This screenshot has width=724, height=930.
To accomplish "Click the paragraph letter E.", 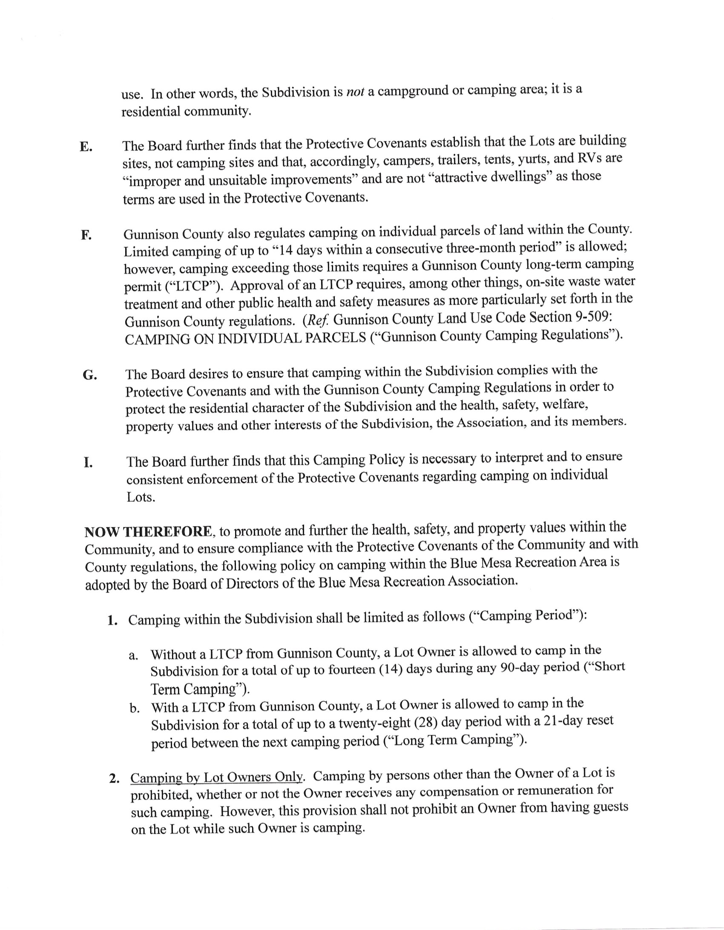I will click(85, 147).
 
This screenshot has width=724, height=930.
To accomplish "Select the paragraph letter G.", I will click(89, 375).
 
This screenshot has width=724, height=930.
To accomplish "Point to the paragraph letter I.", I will click(88, 463).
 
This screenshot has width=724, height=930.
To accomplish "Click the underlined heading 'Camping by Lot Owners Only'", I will click(216, 777).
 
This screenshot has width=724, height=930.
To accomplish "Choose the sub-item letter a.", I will click(133, 655).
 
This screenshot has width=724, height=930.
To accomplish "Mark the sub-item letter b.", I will click(135, 708).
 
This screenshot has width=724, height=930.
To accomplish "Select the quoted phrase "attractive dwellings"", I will click(489, 177).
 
